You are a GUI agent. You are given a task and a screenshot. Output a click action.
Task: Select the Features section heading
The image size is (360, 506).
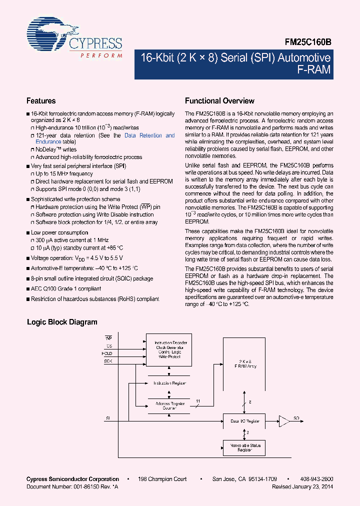41,100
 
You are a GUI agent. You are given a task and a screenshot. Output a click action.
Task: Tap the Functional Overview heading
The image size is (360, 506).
219,100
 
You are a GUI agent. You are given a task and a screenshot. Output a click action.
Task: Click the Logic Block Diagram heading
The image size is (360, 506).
62,322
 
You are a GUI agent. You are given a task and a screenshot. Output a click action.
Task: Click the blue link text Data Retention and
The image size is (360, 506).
149,135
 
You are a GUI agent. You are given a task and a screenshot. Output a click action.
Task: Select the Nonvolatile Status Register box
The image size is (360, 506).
244,447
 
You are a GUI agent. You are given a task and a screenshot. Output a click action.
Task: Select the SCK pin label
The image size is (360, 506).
108,360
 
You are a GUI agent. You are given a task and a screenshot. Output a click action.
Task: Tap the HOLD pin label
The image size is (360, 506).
108,353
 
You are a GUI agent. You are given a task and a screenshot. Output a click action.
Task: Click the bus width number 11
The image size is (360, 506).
198,401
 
